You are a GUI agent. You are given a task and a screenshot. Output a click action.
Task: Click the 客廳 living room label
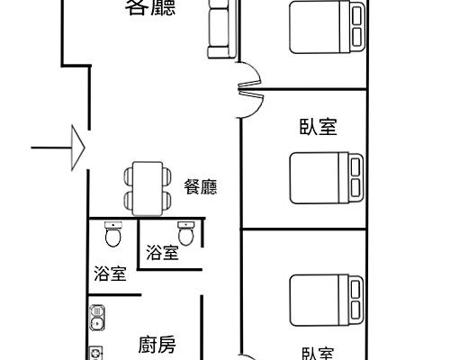[x=150, y=9]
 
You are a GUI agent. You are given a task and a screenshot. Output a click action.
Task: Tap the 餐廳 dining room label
[x=201, y=187]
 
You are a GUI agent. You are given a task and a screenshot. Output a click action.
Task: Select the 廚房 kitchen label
[x=157, y=344]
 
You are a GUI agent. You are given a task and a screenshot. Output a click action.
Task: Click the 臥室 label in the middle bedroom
[x=318, y=126]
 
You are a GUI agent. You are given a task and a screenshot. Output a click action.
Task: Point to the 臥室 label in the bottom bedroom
[x=318, y=353]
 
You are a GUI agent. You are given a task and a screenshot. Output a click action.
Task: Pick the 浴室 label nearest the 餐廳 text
[x=162, y=253]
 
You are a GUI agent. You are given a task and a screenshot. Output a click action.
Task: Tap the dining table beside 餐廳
[x=145, y=188]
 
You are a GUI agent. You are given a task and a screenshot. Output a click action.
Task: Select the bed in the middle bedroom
[x=327, y=178]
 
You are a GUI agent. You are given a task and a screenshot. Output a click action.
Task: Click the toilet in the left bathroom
[x=113, y=237]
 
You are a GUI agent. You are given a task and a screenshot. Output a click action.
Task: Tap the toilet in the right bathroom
[x=186, y=234]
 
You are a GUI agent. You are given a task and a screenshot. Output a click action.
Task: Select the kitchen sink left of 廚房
[x=97, y=318]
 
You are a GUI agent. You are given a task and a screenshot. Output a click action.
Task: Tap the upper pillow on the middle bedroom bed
[x=355, y=166]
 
